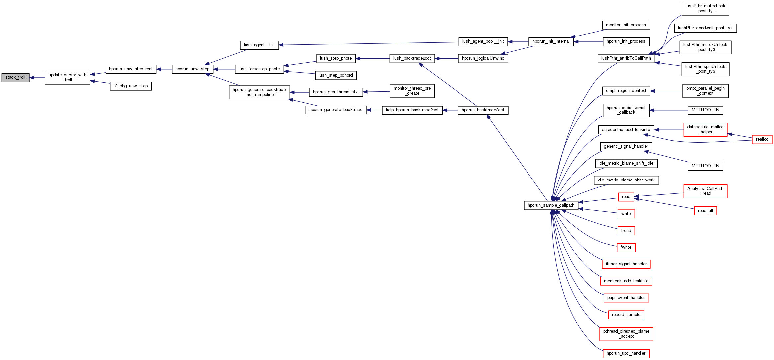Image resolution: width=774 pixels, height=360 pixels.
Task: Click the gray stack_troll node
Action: pyautogui.click(x=15, y=78)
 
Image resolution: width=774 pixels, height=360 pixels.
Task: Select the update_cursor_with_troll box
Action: pyautogui.click(x=67, y=78)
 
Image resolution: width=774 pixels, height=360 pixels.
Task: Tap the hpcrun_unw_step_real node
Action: pyautogui.click(x=131, y=69)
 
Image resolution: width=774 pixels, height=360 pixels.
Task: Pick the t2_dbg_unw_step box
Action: pyautogui.click(x=131, y=86)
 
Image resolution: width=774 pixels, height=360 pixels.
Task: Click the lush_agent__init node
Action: pyautogui.click(x=259, y=45)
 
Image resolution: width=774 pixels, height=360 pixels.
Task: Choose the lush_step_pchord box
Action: pyautogui.click(x=336, y=75)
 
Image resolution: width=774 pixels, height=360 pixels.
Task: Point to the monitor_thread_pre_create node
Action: pyautogui.click(x=412, y=91)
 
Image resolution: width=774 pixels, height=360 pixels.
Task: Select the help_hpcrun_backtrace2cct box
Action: pyautogui.click(x=412, y=110)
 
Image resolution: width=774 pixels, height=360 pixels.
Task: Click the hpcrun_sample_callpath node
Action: pyautogui.click(x=551, y=205)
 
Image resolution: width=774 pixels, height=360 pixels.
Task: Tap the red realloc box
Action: pyautogui.click(x=762, y=139)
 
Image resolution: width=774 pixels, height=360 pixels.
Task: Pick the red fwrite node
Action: pyautogui.click(x=626, y=247)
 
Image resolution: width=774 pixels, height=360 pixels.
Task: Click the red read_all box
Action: pyautogui.click(x=705, y=211)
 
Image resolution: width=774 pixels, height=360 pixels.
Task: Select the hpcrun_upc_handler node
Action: pyautogui.click(x=626, y=353)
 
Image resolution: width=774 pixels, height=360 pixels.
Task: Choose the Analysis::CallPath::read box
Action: pyautogui.click(x=705, y=191)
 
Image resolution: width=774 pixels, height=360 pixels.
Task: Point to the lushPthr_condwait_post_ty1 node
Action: pyautogui.click(x=705, y=28)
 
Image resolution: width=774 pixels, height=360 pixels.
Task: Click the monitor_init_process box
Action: pyautogui.click(x=626, y=25)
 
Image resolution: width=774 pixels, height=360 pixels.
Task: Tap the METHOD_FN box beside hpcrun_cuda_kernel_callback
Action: pyautogui.click(x=705, y=110)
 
